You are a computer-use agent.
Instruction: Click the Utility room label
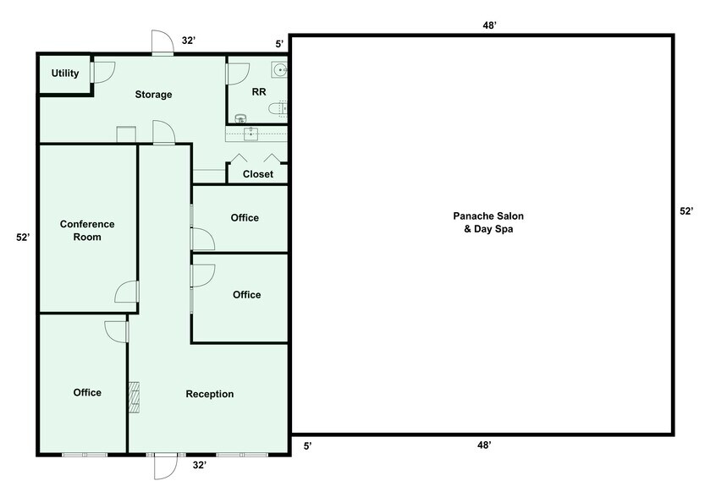(x=65, y=74)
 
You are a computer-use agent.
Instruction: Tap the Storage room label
(x=153, y=95)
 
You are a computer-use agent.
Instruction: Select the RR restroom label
(x=260, y=91)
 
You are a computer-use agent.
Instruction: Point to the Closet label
(x=258, y=174)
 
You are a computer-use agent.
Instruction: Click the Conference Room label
(x=87, y=231)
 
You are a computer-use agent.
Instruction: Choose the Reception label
(x=210, y=394)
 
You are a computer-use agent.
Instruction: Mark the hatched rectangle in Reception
(x=133, y=397)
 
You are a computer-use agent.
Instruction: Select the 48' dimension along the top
(x=489, y=25)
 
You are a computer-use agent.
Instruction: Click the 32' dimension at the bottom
(x=200, y=465)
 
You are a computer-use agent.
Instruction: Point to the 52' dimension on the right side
(x=686, y=211)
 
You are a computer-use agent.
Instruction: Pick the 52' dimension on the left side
(x=23, y=238)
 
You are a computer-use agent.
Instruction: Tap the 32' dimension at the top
(x=189, y=40)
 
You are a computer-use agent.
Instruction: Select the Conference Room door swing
(x=127, y=292)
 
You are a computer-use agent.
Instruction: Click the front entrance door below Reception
(x=164, y=467)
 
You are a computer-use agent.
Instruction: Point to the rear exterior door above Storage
(x=162, y=42)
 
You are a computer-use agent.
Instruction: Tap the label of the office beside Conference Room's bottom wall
(x=87, y=392)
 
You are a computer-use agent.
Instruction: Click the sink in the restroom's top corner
(x=280, y=69)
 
